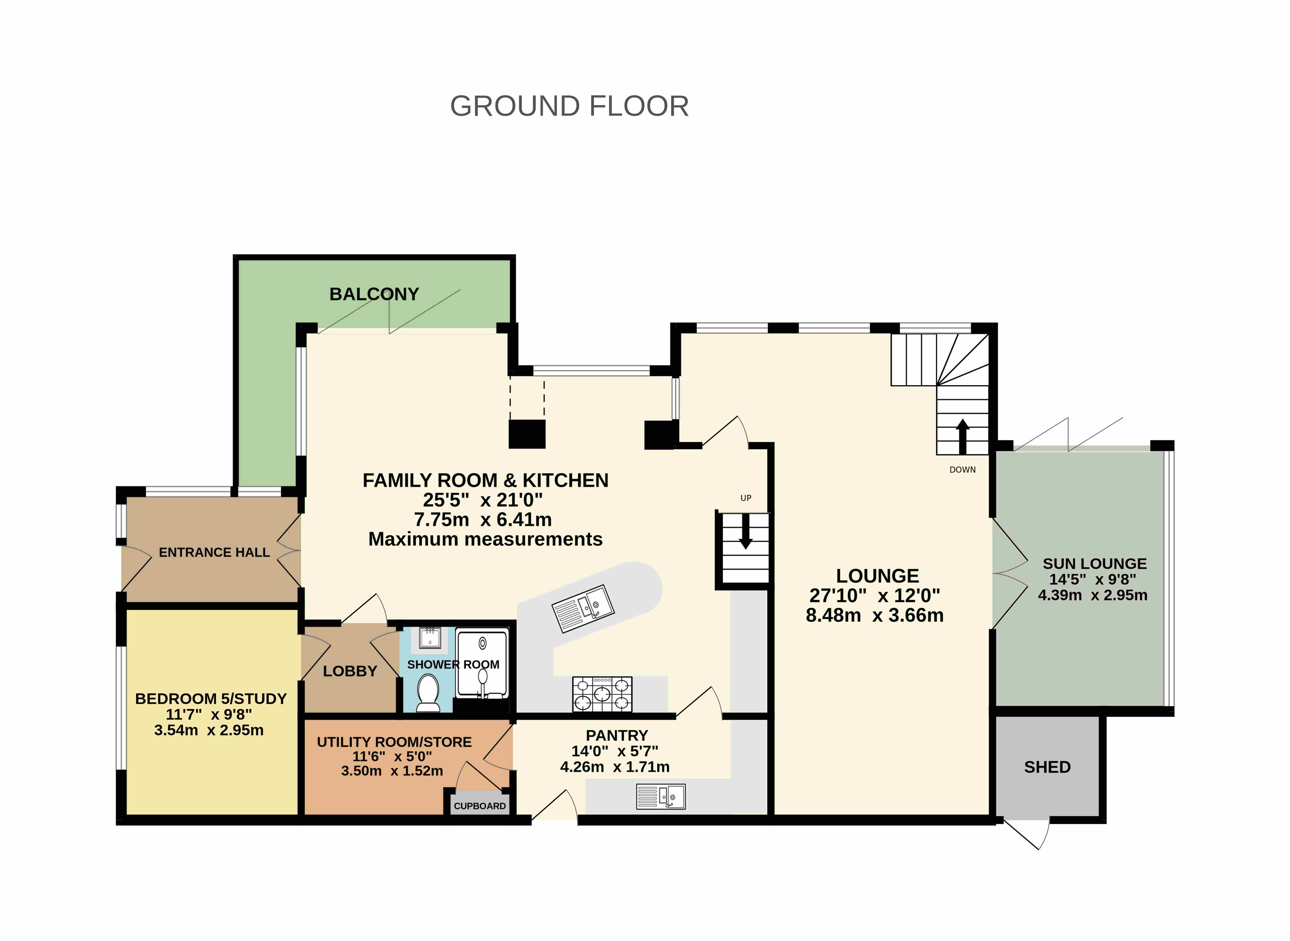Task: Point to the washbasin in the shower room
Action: pos(430,638)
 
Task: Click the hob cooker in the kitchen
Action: pos(602,694)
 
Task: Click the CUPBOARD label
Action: pos(480,806)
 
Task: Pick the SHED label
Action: pos(1047,767)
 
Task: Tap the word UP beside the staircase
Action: pos(745,498)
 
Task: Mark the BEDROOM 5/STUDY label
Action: pos(211,699)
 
